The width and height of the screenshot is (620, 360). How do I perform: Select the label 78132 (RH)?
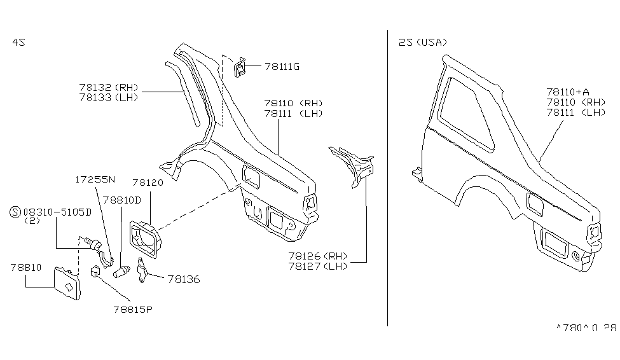click(x=108, y=88)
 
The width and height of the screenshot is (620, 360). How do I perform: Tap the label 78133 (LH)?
click(x=108, y=97)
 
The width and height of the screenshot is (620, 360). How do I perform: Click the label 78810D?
click(x=122, y=199)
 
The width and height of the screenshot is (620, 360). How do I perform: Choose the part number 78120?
click(x=148, y=182)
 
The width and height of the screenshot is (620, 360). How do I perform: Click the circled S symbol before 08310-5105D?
click(x=16, y=212)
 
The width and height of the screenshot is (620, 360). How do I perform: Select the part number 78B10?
click(x=26, y=267)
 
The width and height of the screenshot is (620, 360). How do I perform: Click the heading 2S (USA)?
click(x=422, y=42)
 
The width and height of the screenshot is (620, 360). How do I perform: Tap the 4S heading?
click(x=18, y=42)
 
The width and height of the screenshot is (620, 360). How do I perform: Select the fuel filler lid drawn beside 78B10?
click(x=67, y=284)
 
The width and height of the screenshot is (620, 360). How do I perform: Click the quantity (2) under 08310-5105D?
click(x=32, y=221)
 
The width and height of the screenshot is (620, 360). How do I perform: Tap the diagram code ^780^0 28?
click(x=586, y=328)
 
